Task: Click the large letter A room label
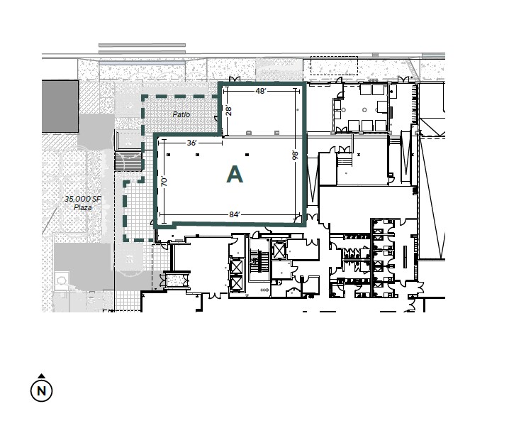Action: (x=235, y=175)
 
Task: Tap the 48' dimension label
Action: (x=261, y=91)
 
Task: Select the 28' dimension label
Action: (x=229, y=111)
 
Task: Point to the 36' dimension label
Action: (x=192, y=143)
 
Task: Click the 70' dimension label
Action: (x=164, y=182)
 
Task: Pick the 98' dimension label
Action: (x=295, y=155)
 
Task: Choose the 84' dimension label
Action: (x=235, y=214)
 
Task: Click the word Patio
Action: (x=181, y=114)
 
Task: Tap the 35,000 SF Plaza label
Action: (x=83, y=203)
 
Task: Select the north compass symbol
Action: (x=42, y=390)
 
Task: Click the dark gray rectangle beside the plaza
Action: (x=60, y=106)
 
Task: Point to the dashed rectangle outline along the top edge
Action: (x=335, y=65)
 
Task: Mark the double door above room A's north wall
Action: (x=235, y=79)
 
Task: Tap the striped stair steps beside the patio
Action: (x=128, y=160)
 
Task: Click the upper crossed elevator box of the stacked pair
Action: (x=236, y=267)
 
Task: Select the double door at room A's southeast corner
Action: (x=313, y=217)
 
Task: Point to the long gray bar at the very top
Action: (x=142, y=45)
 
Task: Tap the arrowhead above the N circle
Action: (x=42, y=376)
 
